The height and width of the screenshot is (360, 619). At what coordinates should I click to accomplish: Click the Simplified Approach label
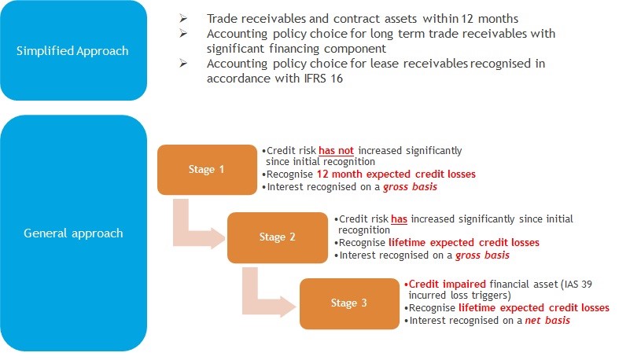pyautogui.click(x=72, y=51)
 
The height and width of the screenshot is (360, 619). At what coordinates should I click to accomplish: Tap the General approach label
pyautogui.click(x=73, y=233)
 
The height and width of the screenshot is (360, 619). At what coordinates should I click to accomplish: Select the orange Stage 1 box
pyautogui.click(x=207, y=170)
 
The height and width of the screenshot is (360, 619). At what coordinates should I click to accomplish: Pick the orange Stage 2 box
pyautogui.click(x=278, y=237)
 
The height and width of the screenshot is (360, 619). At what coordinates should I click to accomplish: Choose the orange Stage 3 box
pyautogui.click(x=349, y=303)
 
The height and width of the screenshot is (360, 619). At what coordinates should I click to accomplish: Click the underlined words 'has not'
pyautogui.click(x=336, y=151)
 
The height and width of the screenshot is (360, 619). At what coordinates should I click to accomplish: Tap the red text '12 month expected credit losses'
pyautogui.click(x=396, y=174)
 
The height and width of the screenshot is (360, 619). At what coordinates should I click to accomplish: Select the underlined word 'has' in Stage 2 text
pyautogui.click(x=399, y=219)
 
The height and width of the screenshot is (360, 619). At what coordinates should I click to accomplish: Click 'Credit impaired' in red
pyautogui.click(x=448, y=284)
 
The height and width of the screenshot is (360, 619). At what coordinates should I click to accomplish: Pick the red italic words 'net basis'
pyautogui.click(x=547, y=320)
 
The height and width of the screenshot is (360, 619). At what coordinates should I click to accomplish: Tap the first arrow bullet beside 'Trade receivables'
pyautogui.click(x=182, y=18)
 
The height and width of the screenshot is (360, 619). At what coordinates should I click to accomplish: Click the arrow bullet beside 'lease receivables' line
pyautogui.click(x=182, y=63)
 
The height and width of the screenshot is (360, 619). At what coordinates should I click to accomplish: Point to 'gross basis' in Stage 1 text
pyautogui.click(x=410, y=187)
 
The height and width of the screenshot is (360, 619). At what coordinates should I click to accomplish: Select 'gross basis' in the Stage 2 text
pyautogui.click(x=482, y=255)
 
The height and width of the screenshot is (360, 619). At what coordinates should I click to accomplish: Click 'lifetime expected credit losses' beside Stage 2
pyautogui.click(x=464, y=243)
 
